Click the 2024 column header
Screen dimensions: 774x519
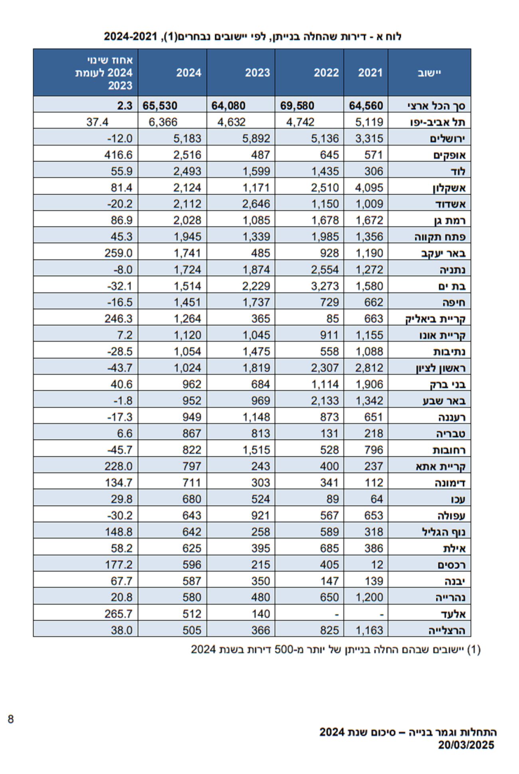coord(188,73)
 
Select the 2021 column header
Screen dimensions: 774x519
coord(370,73)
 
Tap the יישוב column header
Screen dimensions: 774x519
coord(429,73)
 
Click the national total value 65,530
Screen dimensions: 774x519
coord(160,106)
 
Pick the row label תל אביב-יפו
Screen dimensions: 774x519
coord(438,122)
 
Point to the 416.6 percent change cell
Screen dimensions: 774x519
coord(118,155)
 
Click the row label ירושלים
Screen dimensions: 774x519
coord(448,139)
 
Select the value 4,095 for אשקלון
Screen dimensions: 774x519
coord(369,188)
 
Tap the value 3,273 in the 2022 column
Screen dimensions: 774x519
coord(325,286)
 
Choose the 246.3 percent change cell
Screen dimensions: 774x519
coord(118,319)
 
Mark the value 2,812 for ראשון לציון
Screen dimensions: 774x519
coord(369,368)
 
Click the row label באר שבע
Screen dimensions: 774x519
coord(444,401)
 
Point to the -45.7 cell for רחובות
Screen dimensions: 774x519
coord(119,450)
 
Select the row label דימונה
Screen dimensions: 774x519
coord(450,483)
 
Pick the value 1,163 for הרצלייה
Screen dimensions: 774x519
coord(369,630)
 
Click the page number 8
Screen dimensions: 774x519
coord(11,719)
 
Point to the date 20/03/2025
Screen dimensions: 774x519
coord(466,745)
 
